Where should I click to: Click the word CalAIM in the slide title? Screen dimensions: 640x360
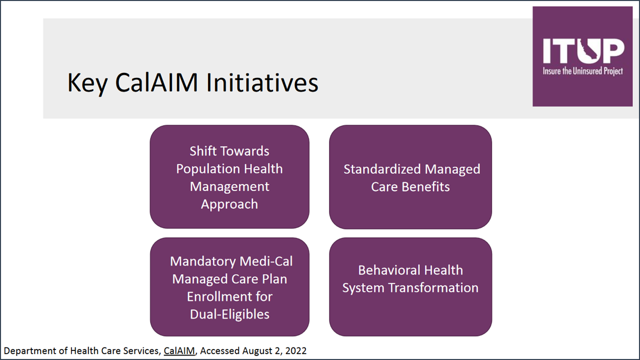coord(156,82)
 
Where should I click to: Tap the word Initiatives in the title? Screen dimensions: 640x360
coord(262,82)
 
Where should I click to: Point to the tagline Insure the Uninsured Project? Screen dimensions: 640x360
coord(583,71)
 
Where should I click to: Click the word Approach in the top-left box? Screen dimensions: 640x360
coord(229,205)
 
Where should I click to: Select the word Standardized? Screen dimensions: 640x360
coord(382,169)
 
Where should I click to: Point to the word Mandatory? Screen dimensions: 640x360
coord(203,261)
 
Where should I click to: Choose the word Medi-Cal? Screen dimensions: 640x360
coord(266,261)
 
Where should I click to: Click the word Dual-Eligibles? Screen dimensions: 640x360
coord(229,314)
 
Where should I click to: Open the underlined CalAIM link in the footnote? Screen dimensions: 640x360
coord(179,351)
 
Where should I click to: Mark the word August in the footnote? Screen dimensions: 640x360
coord(255,351)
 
